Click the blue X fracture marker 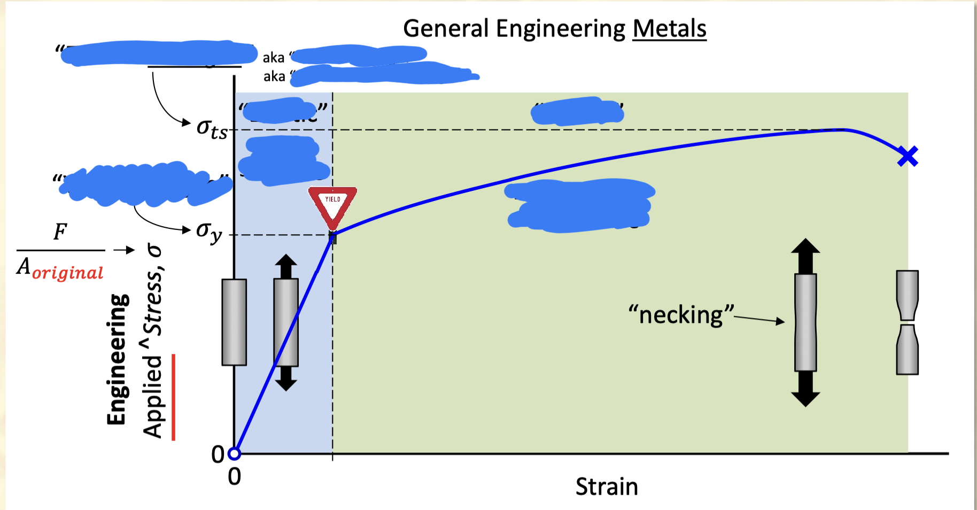click(908, 157)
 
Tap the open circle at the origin click(234, 454)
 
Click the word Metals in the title click(669, 29)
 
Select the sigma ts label click(212, 129)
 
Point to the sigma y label click(209, 231)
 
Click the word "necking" click(681, 315)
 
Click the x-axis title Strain click(607, 486)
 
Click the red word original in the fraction click(68, 273)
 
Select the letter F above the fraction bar click(60, 231)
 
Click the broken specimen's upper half click(907, 294)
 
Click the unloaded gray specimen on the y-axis click(234, 322)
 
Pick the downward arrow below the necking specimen click(805, 390)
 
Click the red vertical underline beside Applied click(173, 397)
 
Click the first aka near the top click(273, 58)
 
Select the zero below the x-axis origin click(234, 476)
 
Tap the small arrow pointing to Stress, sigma click(124, 250)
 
